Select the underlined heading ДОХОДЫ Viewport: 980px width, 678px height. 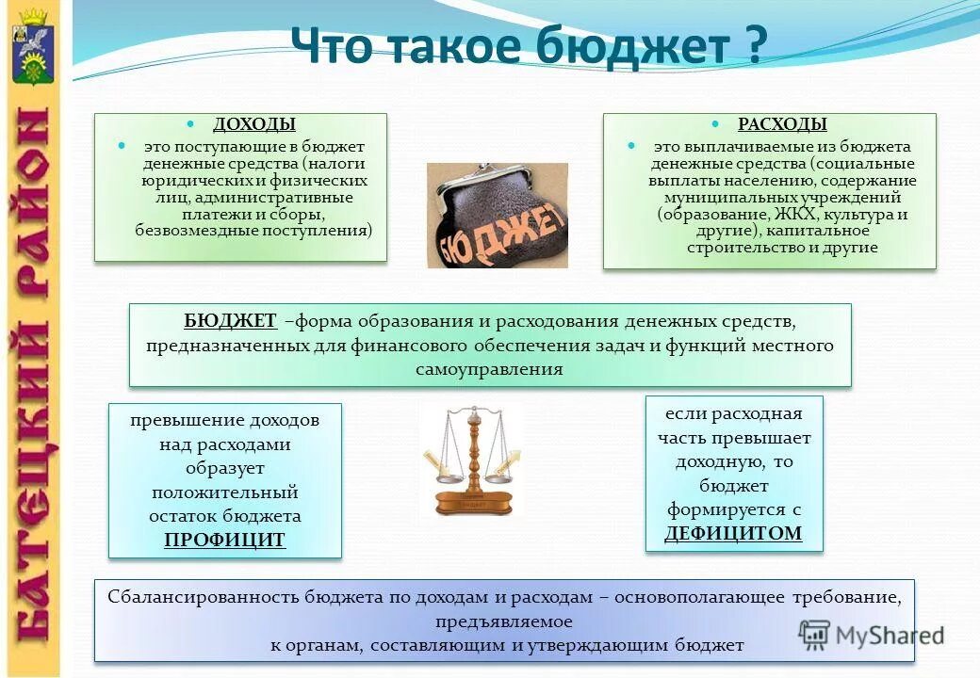(x=253, y=124)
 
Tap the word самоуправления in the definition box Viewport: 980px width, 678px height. (x=489, y=369)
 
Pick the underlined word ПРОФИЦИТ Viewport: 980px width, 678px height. (x=224, y=540)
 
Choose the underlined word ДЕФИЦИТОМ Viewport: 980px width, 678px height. (x=733, y=533)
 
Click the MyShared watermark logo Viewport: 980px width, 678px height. (x=872, y=634)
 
